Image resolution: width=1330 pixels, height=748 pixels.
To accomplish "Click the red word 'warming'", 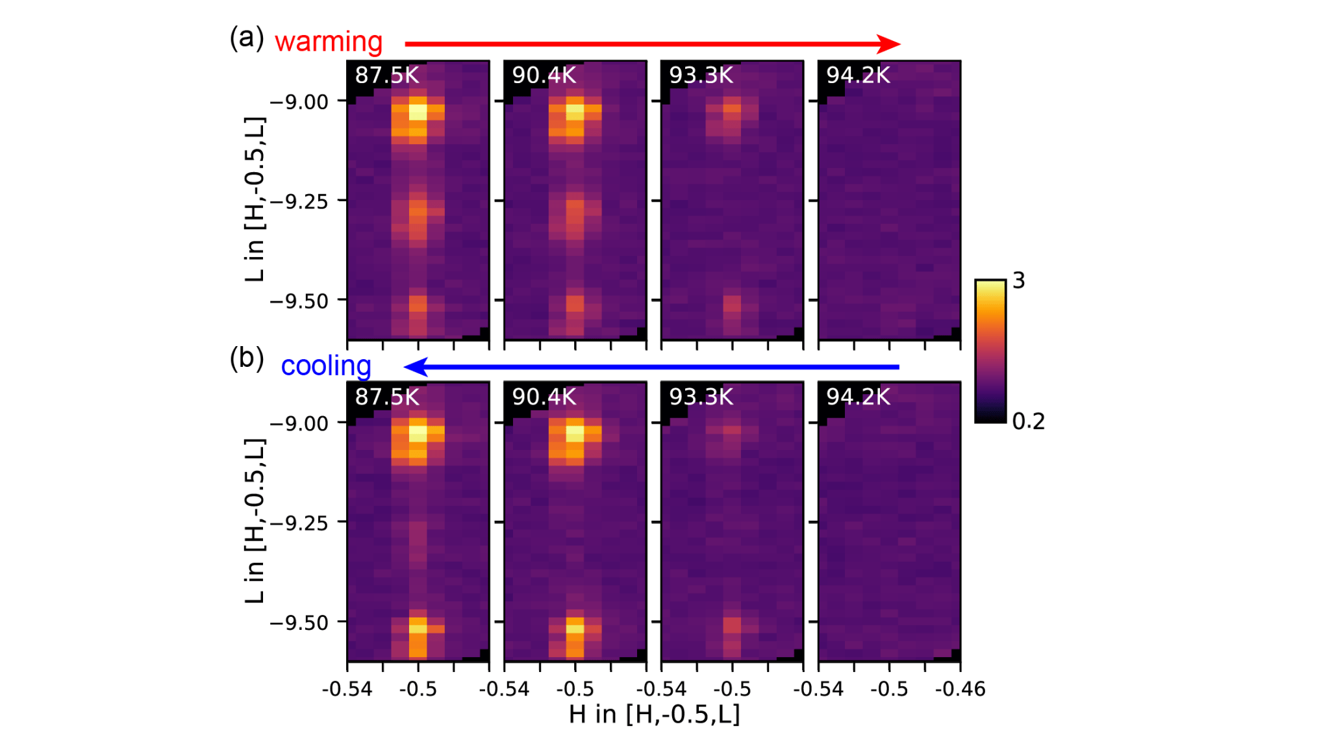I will pyautogui.click(x=329, y=42).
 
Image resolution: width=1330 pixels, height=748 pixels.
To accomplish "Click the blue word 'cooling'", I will pyautogui.click(x=326, y=366).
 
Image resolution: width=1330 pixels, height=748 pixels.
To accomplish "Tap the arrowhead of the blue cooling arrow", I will pyautogui.click(x=416, y=367).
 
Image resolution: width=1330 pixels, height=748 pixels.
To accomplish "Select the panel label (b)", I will pyautogui.click(x=247, y=358).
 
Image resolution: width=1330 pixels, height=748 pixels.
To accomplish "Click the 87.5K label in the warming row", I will pyautogui.click(x=387, y=75).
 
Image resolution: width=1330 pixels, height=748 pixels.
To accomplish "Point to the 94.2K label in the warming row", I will pyautogui.click(x=858, y=75).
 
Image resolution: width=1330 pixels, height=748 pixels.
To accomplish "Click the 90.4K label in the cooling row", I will pyautogui.click(x=544, y=397).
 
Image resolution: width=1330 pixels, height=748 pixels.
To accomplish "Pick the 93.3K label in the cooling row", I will pyautogui.click(x=701, y=397).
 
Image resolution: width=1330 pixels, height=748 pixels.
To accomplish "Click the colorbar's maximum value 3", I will pyautogui.click(x=1018, y=280).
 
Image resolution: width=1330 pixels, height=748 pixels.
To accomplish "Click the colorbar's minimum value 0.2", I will pyautogui.click(x=1029, y=421).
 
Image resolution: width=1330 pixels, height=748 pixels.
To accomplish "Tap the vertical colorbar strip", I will pyautogui.click(x=990, y=351).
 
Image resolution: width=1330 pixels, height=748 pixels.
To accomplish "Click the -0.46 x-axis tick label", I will pyautogui.click(x=960, y=689).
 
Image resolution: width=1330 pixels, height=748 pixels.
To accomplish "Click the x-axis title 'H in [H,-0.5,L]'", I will pyautogui.click(x=654, y=714).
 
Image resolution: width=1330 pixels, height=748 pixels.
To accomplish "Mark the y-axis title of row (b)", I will pyautogui.click(x=255, y=521).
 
